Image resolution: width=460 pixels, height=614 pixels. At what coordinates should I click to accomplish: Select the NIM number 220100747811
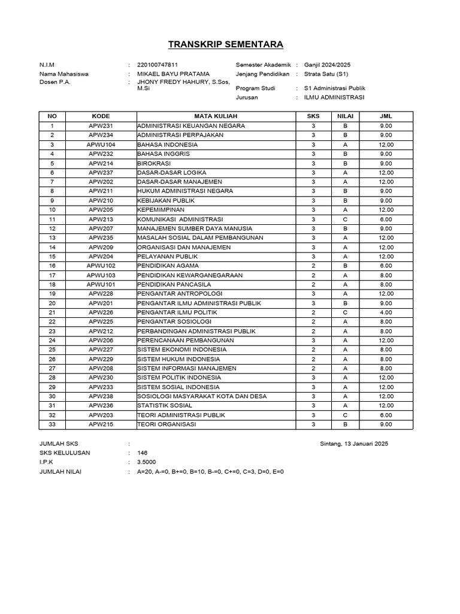point(158,65)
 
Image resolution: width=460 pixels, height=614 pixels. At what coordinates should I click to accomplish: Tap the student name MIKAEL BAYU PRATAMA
point(174,74)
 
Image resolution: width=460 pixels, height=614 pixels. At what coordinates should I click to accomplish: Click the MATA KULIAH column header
point(216,116)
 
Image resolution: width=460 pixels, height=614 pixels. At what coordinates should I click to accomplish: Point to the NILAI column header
point(345,116)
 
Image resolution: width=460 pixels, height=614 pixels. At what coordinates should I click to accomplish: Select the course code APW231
point(101,126)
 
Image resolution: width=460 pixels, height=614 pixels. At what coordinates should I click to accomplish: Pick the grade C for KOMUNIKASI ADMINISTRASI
point(345,219)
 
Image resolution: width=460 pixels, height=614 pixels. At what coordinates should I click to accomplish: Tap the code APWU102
point(101,266)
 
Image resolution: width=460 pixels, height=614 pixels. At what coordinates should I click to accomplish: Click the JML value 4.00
point(386,312)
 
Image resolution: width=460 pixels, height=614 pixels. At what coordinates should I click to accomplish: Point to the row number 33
point(52,425)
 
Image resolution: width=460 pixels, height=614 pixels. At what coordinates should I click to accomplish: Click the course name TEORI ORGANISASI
point(167,425)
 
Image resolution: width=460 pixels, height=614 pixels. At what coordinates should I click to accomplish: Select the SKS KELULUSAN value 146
point(143,453)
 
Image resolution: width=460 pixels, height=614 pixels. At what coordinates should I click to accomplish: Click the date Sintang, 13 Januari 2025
point(355,444)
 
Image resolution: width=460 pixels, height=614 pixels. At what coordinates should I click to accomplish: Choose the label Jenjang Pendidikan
point(263,74)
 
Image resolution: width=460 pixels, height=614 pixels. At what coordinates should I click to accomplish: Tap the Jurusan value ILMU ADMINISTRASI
point(334,97)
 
